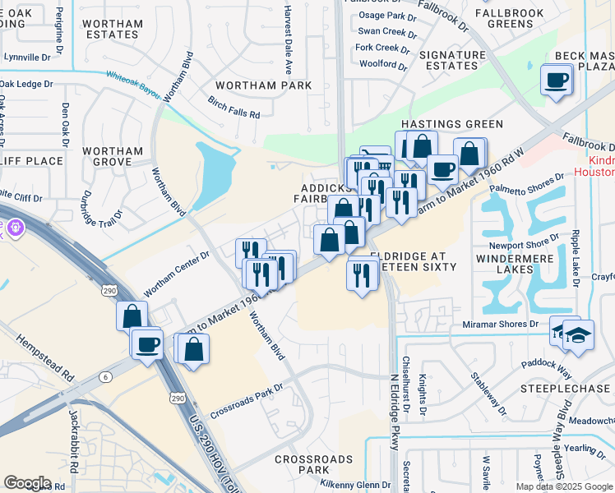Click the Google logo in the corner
pos(27,482)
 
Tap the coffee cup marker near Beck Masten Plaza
pos(557,81)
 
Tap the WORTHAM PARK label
pos(263,85)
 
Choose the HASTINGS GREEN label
pos(451,124)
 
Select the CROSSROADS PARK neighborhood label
pos(302,464)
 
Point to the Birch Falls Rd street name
pos(234,108)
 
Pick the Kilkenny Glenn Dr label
pos(356,485)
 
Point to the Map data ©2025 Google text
pos(564,486)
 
